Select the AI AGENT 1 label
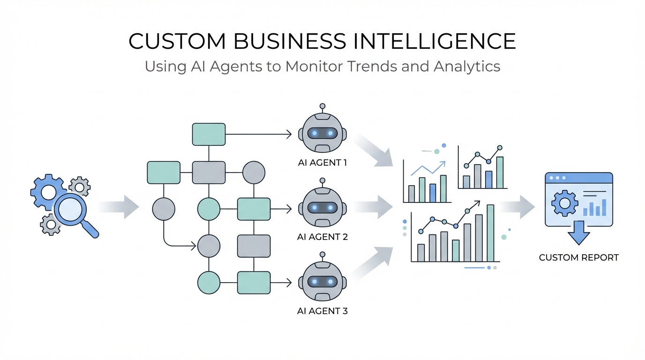(322, 163)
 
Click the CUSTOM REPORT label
(578, 257)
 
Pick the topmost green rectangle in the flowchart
(209, 134)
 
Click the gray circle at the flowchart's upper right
(254, 172)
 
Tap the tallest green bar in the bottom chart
(490, 233)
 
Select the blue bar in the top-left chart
(433, 193)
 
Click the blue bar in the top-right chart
(488, 179)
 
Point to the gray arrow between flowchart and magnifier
(119, 207)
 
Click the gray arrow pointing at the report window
(517, 207)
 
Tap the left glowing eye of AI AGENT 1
(315, 134)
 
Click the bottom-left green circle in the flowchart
(209, 282)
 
